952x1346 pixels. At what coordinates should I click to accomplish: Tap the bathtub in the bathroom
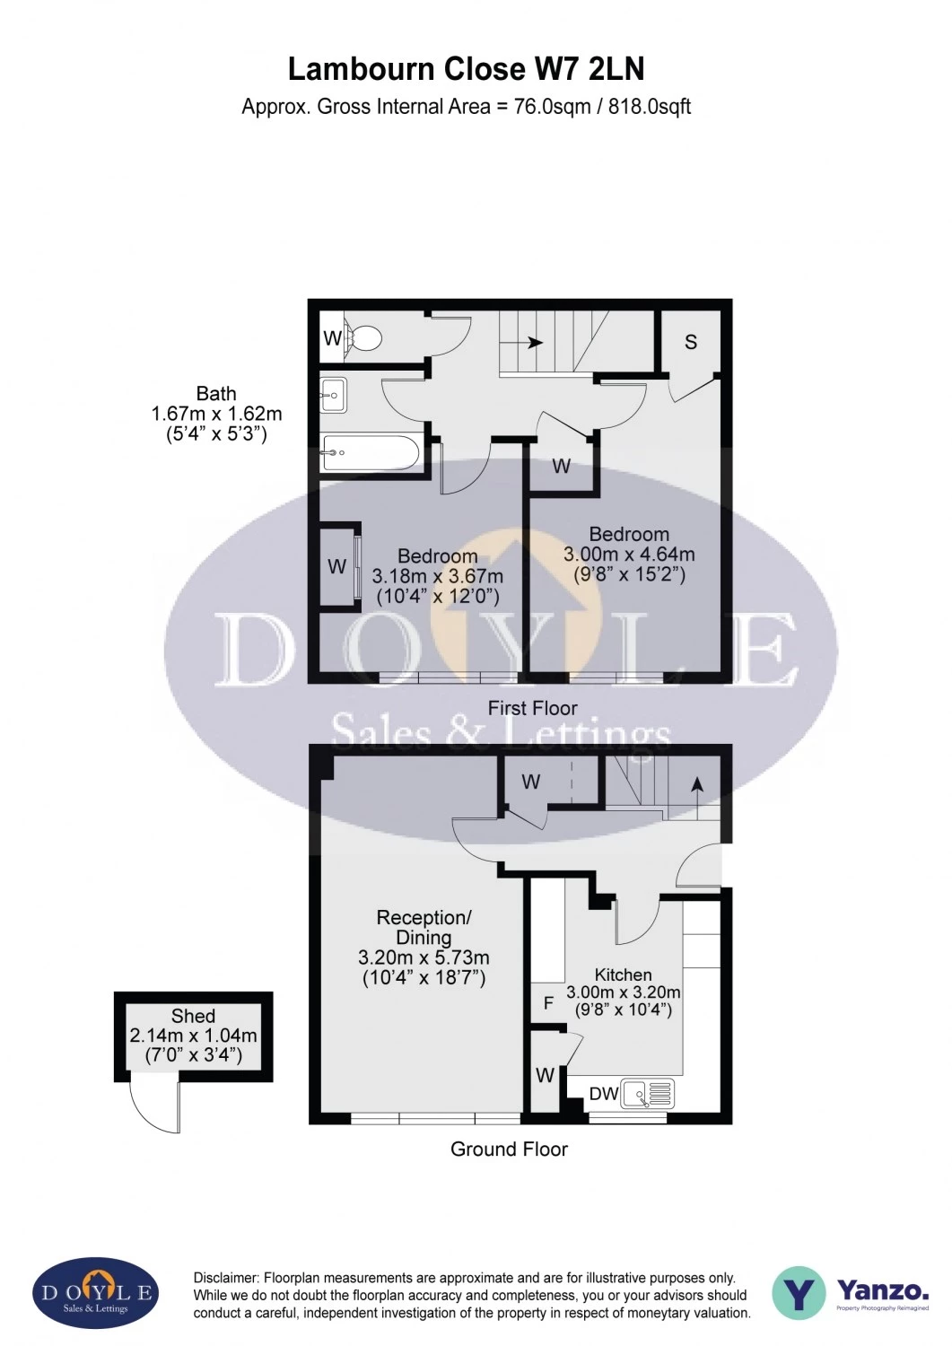(x=371, y=452)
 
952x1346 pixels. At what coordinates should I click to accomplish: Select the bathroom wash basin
(x=334, y=395)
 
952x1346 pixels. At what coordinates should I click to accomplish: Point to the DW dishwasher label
(x=604, y=1094)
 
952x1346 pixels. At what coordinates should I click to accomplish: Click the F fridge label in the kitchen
(x=548, y=1003)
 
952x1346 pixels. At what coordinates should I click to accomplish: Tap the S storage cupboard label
(x=691, y=342)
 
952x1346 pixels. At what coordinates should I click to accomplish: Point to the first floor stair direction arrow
(x=535, y=342)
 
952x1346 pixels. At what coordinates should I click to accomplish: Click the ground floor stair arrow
(x=697, y=784)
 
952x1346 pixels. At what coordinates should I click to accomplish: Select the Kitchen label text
(x=623, y=975)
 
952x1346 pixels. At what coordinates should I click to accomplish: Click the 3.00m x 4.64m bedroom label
(x=629, y=554)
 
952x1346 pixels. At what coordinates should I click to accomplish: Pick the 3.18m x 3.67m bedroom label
(x=437, y=576)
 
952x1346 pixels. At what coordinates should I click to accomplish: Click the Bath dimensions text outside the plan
(x=216, y=414)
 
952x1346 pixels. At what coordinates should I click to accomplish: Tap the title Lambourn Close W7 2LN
(x=466, y=69)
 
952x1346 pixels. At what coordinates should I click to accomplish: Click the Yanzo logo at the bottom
(x=850, y=1293)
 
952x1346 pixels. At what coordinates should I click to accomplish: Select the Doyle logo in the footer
(x=96, y=1293)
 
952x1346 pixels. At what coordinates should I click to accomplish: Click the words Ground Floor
(x=509, y=1149)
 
